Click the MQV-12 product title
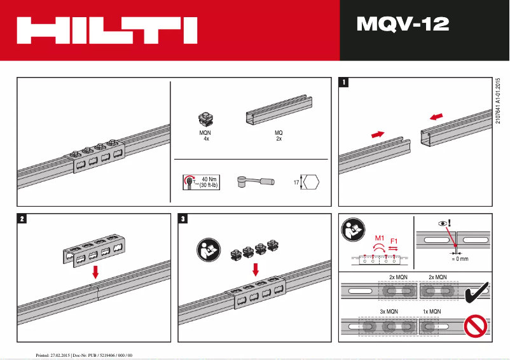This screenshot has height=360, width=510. [403, 24]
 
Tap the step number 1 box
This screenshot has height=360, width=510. [344, 82]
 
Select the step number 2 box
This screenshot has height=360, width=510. [22, 219]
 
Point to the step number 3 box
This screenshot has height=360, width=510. [184, 219]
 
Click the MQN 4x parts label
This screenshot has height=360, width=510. [205, 135]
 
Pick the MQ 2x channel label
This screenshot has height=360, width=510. [279, 135]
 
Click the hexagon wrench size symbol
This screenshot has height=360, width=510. [311, 182]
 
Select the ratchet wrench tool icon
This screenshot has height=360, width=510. [254, 182]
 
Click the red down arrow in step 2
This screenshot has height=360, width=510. [95, 272]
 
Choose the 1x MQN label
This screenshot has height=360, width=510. [432, 312]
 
